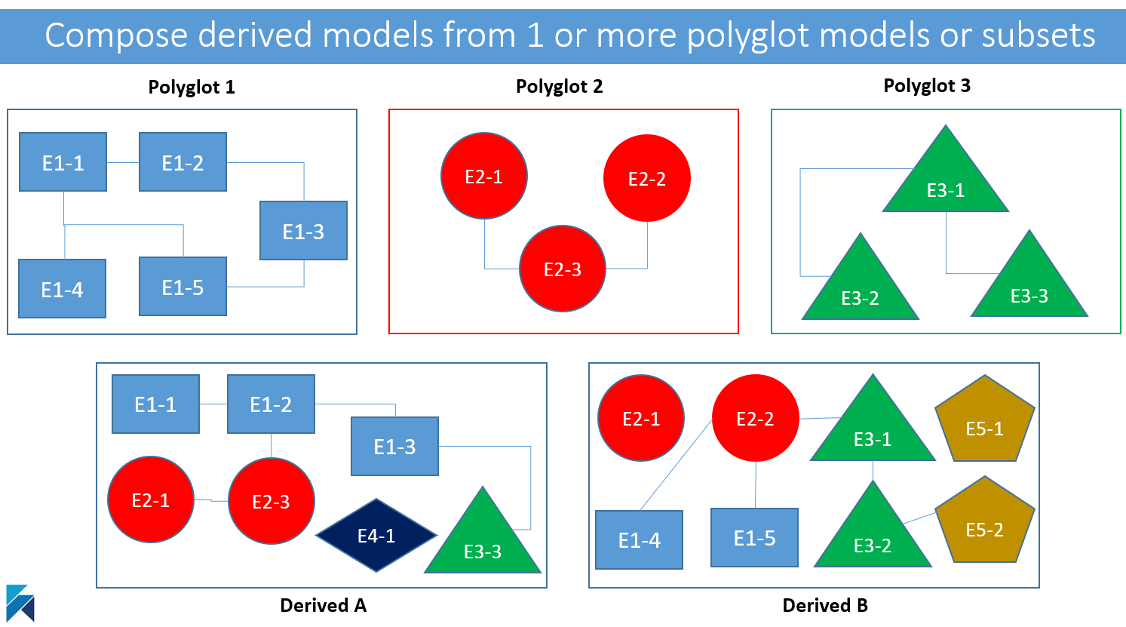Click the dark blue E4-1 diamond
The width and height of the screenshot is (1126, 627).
376,536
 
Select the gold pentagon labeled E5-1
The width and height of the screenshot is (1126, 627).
985,419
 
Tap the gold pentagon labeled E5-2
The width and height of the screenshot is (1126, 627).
985,520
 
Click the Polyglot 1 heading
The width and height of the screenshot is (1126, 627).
192,88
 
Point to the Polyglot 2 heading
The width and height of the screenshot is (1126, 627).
560,87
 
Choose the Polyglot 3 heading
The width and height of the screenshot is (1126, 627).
927,85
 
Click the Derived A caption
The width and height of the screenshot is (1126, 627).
324,605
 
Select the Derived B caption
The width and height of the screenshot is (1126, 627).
825,605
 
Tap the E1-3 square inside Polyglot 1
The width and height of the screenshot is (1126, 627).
304,231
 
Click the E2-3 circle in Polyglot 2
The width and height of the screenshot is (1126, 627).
563,269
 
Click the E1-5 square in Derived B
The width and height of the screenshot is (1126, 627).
754,537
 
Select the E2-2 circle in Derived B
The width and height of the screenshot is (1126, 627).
756,418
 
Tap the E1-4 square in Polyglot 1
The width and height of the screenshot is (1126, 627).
63,289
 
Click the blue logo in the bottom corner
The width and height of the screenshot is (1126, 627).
20,603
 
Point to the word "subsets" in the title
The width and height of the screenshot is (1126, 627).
1039,35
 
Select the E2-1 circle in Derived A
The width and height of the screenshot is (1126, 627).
151,499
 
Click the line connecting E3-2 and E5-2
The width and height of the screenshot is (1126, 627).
919,518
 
